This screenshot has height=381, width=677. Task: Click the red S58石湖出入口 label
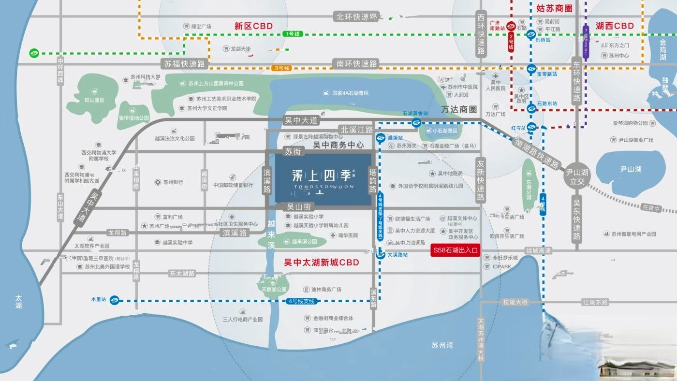pos(455,250)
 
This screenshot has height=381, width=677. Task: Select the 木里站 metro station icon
pos(115,300)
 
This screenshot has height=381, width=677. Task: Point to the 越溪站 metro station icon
pos(381,137)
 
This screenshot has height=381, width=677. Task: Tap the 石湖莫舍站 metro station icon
pos(416,123)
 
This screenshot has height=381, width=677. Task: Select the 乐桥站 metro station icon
pos(531,34)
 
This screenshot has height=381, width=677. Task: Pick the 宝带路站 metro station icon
pos(531,69)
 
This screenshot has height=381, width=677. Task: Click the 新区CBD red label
pos(253,26)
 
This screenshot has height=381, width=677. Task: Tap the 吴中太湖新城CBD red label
pos(322,263)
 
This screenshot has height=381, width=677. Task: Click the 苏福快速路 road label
pos(185,64)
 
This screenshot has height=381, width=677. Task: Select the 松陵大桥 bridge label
pos(515,302)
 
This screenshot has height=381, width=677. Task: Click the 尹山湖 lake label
pos(631,169)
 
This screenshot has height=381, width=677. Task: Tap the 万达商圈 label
pos(459,110)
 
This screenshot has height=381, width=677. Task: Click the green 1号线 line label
pos(293,34)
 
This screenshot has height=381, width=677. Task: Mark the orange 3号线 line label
pos(280,68)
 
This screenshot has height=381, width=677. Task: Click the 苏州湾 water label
pos(442,345)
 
